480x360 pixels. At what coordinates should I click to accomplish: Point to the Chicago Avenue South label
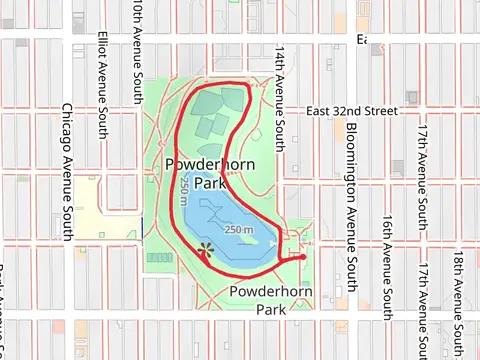point(67,170)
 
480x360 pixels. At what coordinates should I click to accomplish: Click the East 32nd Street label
point(352,111)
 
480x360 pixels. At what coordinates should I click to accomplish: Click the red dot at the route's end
point(302,242)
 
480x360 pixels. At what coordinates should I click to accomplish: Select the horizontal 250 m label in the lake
point(239,230)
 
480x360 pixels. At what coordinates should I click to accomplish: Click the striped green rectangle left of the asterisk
point(159,257)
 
